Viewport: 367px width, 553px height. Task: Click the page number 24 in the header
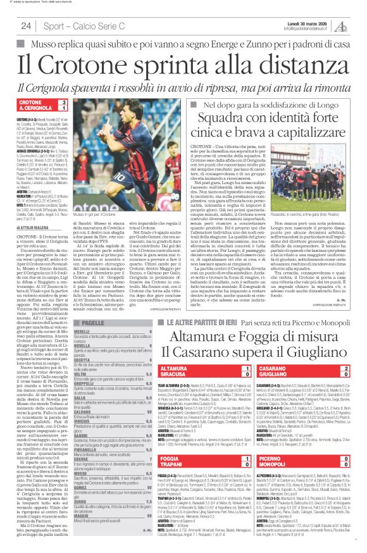[x=26, y=26]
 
